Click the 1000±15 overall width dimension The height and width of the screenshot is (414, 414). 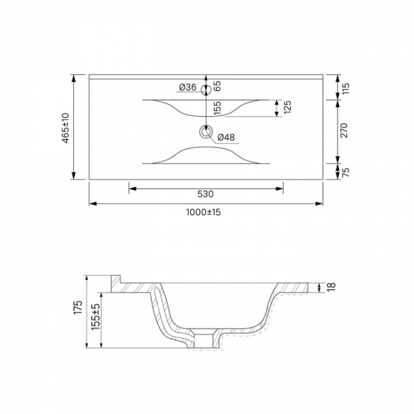tap(203, 212)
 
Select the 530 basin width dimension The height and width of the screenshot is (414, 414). tap(206, 194)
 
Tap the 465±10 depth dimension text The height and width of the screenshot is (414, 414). tap(66, 128)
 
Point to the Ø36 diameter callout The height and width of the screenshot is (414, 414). tap(187, 87)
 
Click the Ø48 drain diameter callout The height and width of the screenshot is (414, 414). tap(226, 138)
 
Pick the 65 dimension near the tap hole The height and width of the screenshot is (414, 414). tap(217, 86)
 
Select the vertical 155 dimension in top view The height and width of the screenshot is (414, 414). tap(217, 108)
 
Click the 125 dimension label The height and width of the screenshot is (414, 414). tap(287, 107)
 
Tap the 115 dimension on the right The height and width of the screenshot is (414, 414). tap(345, 89)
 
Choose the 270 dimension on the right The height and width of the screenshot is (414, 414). tap(344, 130)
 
